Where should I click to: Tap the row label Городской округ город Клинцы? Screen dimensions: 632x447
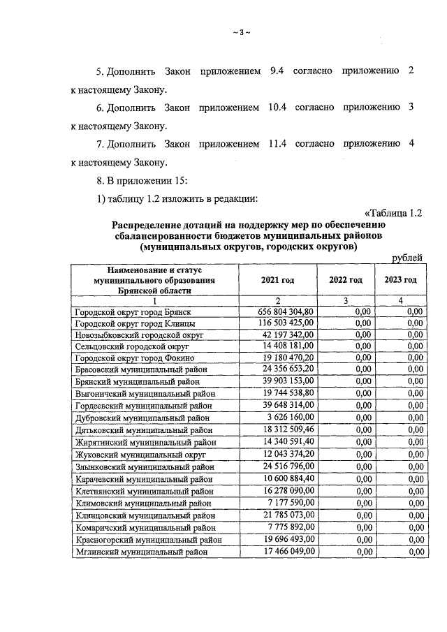(x=135, y=323)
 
